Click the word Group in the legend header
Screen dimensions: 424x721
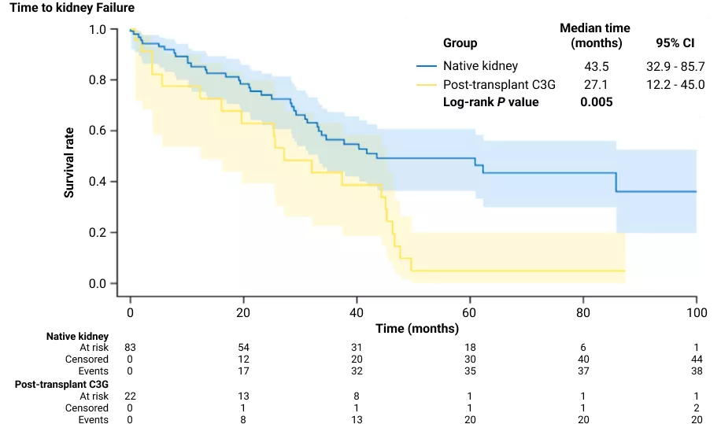[x=460, y=42]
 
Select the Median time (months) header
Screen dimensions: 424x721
[x=595, y=35]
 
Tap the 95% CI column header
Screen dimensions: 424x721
[x=675, y=42]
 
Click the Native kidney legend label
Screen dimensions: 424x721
[x=480, y=65]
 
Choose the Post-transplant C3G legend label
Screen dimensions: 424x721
[x=499, y=84]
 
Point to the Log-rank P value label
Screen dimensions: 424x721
[x=490, y=101]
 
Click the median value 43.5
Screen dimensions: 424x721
[x=596, y=65]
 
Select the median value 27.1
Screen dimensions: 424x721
[x=596, y=84]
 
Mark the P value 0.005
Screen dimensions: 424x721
[x=596, y=101]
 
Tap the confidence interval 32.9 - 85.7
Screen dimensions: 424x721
[x=675, y=65]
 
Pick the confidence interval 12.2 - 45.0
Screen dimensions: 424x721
[x=675, y=84]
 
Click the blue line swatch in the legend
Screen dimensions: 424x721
[x=426, y=66]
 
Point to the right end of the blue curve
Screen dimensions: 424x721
[x=696, y=191]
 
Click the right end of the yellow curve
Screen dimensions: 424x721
[x=624, y=271]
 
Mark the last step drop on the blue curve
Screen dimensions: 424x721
[x=616, y=182]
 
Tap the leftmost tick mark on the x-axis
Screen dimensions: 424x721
[x=131, y=300]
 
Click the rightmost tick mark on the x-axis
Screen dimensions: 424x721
[x=697, y=300]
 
